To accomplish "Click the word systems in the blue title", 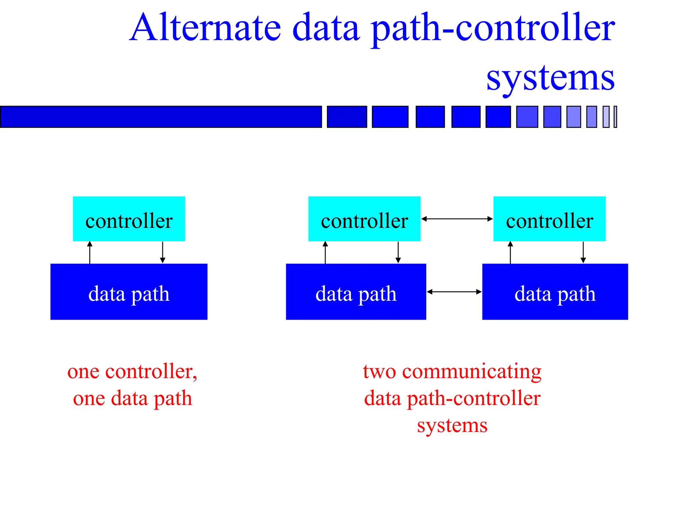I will pyautogui.click(x=550, y=78).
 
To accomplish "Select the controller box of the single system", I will pyautogui.click(x=129, y=219).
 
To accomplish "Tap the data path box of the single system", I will pyautogui.click(x=129, y=292).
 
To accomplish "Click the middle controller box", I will pyautogui.click(x=364, y=219).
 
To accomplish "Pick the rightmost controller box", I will pyautogui.click(x=549, y=219).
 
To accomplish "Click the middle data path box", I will pyautogui.click(x=356, y=292).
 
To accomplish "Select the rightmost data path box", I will pyautogui.click(x=555, y=292).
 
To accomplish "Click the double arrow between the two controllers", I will pyautogui.click(x=457, y=219).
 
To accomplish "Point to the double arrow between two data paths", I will pyautogui.click(x=454, y=292).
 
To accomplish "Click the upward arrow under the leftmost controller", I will pyautogui.click(x=90, y=252).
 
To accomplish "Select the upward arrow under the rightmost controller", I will pyautogui.click(x=510, y=252).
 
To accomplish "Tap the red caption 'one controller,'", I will pyautogui.click(x=132, y=372).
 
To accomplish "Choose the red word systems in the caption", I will pyautogui.click(x=452, y=425).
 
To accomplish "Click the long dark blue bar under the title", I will pyautogui.click(x=161, y=117).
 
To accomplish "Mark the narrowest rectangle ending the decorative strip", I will pyautogui.click(x=615, y=117).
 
